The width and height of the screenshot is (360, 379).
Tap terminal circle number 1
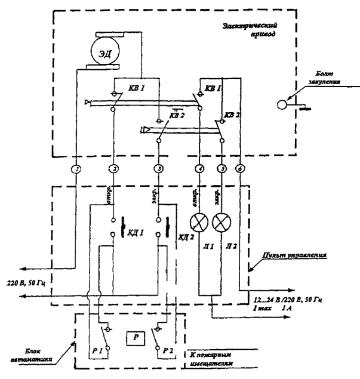[x=75, y=169]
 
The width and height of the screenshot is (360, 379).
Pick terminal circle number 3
[x=158, y=169]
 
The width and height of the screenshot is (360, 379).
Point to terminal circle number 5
[x=222, y=169]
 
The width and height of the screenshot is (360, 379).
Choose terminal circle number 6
[x=241, y=169]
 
